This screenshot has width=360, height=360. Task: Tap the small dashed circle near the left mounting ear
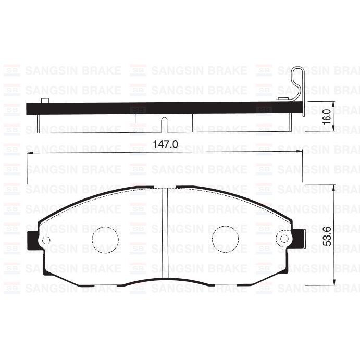[45, 240]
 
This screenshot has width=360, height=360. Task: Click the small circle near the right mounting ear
[284, 240]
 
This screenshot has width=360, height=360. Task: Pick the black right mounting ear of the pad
[299, 239]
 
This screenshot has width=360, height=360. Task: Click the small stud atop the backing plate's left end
[45, 100]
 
